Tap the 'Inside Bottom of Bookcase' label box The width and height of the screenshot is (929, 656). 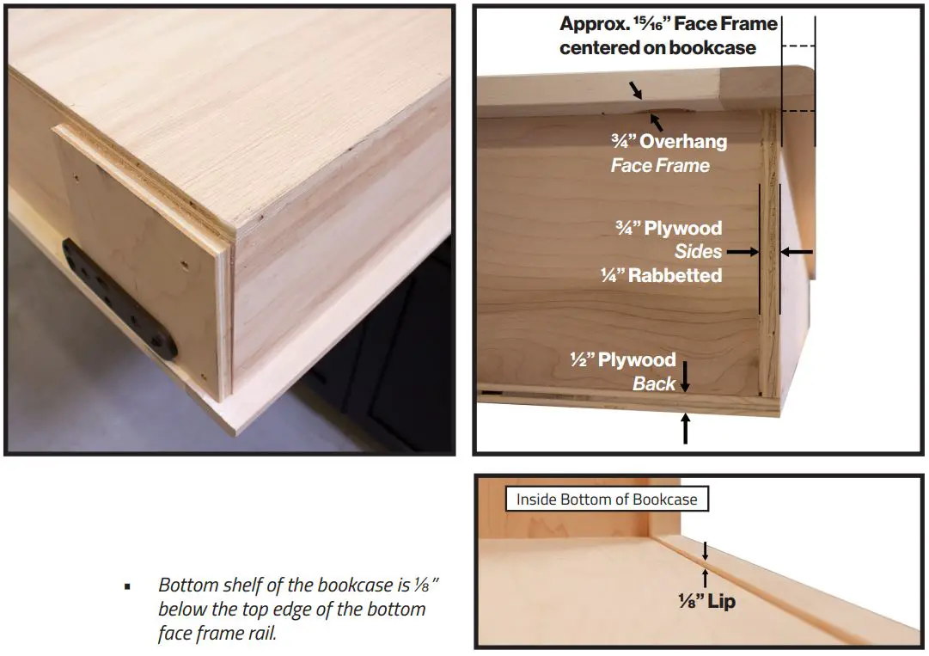607,499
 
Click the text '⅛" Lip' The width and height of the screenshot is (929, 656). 706,602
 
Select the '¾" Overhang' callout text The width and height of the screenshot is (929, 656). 670,142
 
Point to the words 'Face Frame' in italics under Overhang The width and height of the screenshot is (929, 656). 660,165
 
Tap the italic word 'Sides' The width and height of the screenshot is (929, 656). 698,252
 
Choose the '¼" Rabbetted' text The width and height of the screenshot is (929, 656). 661,275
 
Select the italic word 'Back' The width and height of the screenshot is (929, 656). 654,383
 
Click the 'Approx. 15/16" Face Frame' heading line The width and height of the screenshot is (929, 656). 668,23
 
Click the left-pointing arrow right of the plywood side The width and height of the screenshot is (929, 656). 797,252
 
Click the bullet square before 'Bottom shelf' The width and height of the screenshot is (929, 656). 127,586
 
